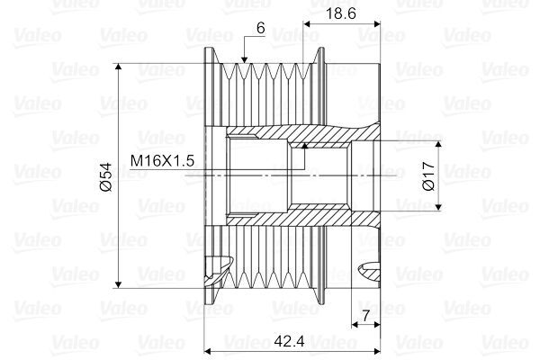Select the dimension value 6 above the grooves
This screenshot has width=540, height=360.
[260, 28]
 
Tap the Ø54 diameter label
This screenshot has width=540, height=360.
[104, 175]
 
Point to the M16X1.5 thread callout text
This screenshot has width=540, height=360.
[163, 160]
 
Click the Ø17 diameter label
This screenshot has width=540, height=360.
[428, 175]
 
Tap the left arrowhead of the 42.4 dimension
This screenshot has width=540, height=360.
[210, 349]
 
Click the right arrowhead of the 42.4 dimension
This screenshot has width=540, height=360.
[373, 349]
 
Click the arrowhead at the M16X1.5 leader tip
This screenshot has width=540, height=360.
[304, 144]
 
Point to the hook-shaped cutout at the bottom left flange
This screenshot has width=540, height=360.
[216, 269]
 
